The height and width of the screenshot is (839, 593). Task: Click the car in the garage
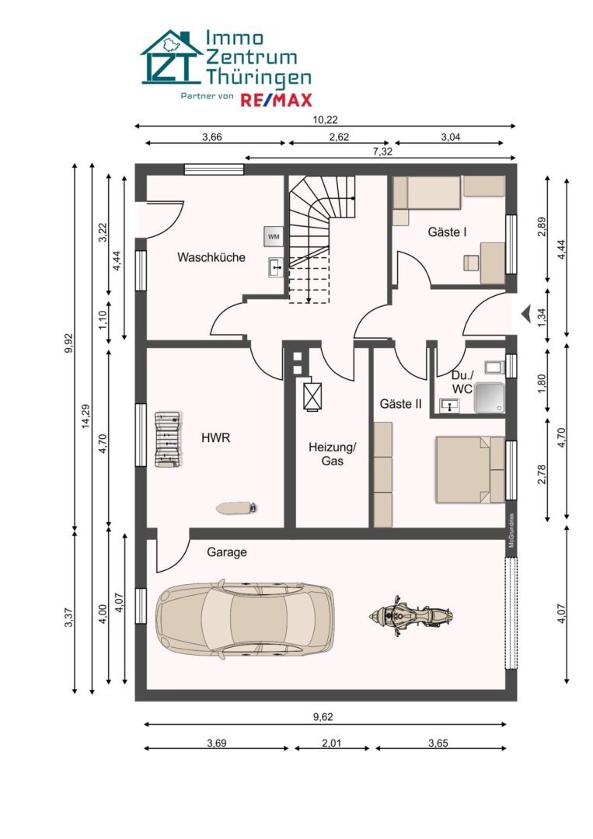pos(244,616)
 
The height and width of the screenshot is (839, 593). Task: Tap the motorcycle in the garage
pos(411,616)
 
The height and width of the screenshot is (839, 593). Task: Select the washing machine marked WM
pos(274,236)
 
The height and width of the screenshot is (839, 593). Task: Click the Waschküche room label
pos(211,257)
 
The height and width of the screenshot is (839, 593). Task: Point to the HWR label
pos(216,437)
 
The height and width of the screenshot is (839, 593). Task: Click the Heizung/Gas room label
pos(333,454)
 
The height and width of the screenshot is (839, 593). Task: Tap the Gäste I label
pos(447,232)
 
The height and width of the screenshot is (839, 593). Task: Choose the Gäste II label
pos(401,404)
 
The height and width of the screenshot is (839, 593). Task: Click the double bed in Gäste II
pos(470,470)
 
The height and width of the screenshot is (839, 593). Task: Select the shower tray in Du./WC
pos(489,398)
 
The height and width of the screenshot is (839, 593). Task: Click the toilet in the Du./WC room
pos(495,367)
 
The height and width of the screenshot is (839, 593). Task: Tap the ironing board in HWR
pos(236,507)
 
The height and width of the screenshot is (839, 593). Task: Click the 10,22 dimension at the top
pos(326,120)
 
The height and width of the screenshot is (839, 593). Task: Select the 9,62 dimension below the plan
pos(323,717)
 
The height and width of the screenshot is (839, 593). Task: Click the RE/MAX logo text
pos(276,99)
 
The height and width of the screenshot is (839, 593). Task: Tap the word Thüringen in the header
pos(259,76)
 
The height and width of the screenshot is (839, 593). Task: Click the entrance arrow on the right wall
pos(525,312)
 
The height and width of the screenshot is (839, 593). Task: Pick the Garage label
pos(227,552)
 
